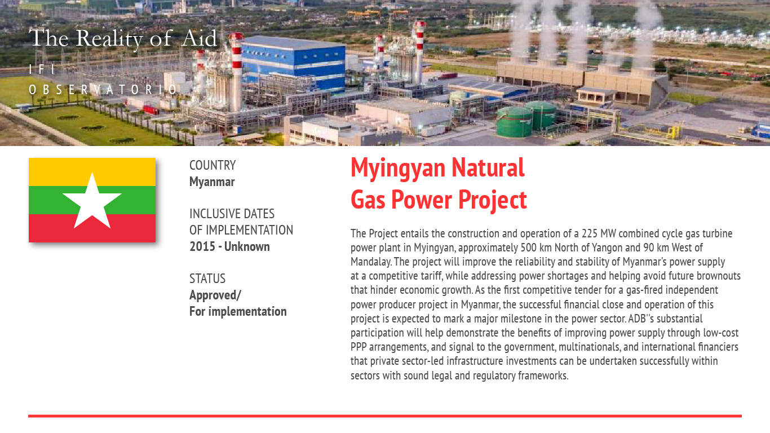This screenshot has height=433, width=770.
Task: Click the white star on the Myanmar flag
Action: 92,203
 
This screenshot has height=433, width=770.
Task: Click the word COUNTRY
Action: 213,165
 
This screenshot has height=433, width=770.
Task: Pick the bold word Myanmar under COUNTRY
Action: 212,182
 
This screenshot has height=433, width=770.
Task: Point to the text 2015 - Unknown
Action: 229,246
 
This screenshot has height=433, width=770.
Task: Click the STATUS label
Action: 207,279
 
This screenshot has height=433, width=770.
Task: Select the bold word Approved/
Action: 215,295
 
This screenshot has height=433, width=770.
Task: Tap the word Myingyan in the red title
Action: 398,169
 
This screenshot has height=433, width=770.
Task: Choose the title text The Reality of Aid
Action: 123,38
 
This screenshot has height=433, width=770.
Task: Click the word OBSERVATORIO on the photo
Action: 103,90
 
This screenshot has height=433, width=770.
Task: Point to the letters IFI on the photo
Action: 42,69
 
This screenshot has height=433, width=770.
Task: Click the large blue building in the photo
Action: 293,64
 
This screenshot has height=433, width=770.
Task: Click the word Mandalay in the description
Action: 371,262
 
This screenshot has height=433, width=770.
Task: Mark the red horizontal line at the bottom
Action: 385,416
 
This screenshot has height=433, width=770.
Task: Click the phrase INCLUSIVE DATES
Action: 232,214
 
